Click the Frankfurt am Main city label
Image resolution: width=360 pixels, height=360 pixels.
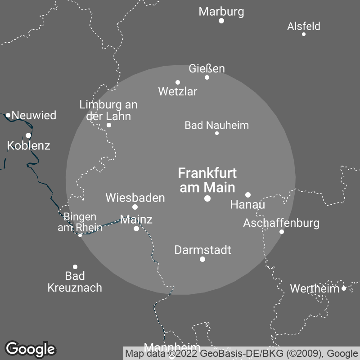coord(207,180)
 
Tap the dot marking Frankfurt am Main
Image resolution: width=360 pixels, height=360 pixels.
coord(207,198)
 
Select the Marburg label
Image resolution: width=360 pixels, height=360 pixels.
coord(221,12)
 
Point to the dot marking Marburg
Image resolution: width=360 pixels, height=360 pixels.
coord(221,21)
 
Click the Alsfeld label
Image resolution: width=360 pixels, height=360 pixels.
coord(304,26)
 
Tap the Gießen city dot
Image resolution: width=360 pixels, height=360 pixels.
coord(207,77)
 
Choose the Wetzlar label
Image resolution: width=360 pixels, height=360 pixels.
coord(178,92)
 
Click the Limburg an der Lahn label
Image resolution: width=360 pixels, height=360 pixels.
coord(108,110)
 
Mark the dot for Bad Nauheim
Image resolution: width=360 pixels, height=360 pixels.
coord(217,133)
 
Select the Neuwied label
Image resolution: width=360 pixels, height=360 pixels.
coord(34,115)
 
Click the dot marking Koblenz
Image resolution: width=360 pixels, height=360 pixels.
coord(28,135)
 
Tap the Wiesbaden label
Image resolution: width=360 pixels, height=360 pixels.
coord(135,198)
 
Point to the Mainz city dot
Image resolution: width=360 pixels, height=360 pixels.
coord(136,229)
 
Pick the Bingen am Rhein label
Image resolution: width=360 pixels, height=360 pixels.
coord(80,222)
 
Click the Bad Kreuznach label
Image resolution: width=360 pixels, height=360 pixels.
coord(75,282)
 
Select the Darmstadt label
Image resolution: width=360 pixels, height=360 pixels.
coord(202,250)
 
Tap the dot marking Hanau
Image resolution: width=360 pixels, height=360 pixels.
coord(248,195)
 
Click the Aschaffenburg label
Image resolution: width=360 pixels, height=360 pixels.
coord(281,223)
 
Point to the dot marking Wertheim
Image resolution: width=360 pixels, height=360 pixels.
coord(344,288)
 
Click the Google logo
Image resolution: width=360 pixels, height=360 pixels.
coord(31,349)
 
